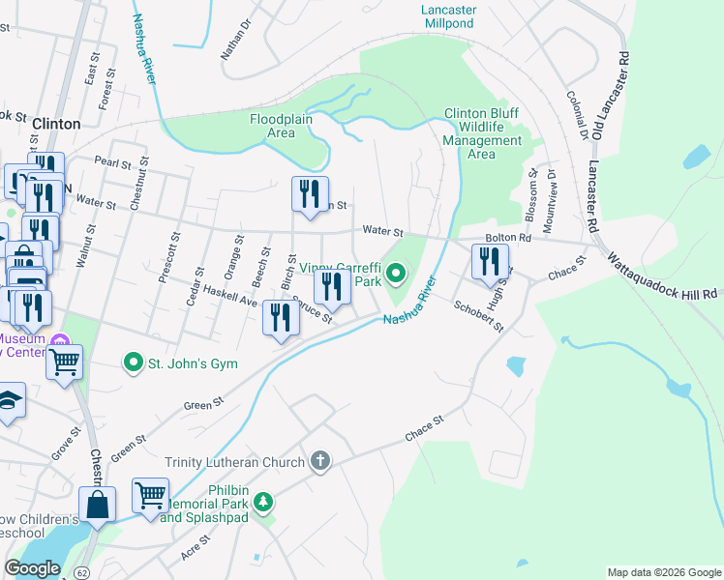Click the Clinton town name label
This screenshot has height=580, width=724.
point(56,124)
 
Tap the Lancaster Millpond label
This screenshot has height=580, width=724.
point(448,15)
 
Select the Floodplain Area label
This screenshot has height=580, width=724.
point(272,126)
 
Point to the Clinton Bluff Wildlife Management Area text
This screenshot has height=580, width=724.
point(482,133)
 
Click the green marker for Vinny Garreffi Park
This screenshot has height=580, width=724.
point(395,274)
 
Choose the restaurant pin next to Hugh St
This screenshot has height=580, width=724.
point(490,261)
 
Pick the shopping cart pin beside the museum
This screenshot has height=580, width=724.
point(64,362)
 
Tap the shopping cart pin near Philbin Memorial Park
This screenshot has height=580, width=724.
point(150,495)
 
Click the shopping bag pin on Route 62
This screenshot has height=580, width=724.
point(97,504)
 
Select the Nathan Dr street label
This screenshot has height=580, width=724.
point(235,38)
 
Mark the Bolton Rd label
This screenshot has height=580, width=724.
point(510,238)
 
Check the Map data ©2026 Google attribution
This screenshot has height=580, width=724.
point(663,572)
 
